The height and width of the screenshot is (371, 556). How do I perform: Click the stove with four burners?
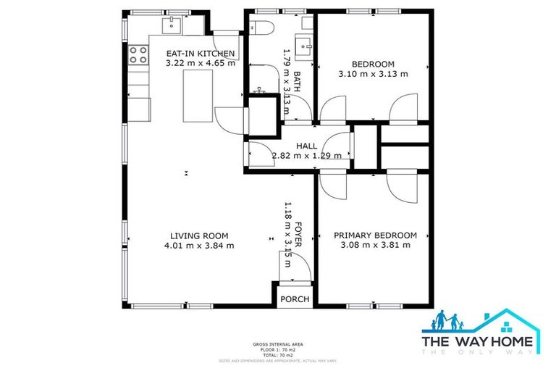point(138,54)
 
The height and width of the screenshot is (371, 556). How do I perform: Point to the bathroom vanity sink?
point(305,42)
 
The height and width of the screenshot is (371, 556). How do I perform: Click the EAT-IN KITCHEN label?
point(201,54)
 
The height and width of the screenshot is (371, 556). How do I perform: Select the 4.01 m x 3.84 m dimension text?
point(199,246)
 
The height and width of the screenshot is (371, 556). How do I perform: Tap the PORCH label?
point(295,299)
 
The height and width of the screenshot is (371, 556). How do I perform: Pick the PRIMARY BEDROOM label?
point(375,235)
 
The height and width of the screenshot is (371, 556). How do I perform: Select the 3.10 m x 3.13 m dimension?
point(373,73)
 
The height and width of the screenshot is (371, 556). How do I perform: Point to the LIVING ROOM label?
point(199,235)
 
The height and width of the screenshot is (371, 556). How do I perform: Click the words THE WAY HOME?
point(479,341)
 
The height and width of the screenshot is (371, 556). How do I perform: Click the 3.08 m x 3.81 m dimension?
point(375,246)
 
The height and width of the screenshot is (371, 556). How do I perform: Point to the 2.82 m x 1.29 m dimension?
point(296,155)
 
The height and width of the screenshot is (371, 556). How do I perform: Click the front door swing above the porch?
point(298,266)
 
